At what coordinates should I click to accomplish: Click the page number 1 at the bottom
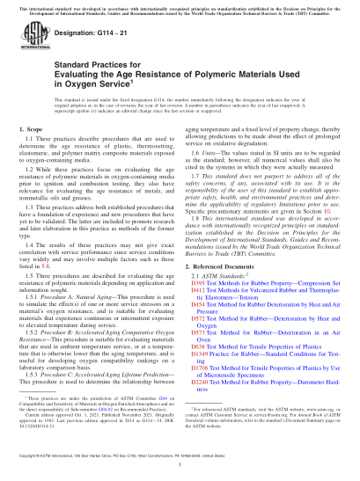pyautogui.click(x=180, y=467)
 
